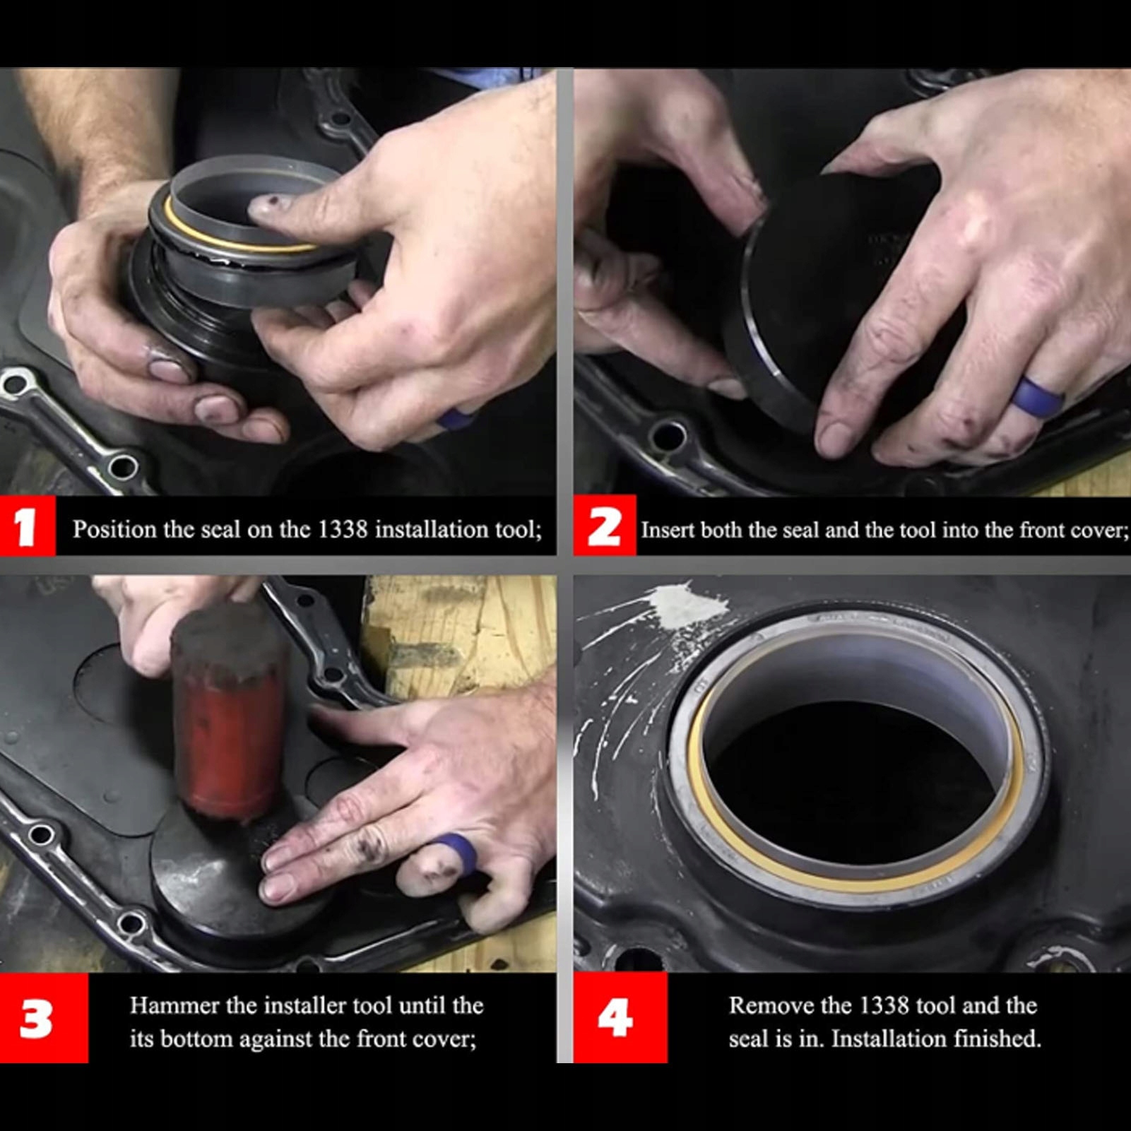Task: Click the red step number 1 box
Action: [x=28, y=526]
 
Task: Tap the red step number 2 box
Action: [x=605, y=526]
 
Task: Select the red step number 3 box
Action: [x=44, y=1018]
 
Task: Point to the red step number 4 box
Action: [x=620, y=1018]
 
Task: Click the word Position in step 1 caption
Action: [x=114, y=529]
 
